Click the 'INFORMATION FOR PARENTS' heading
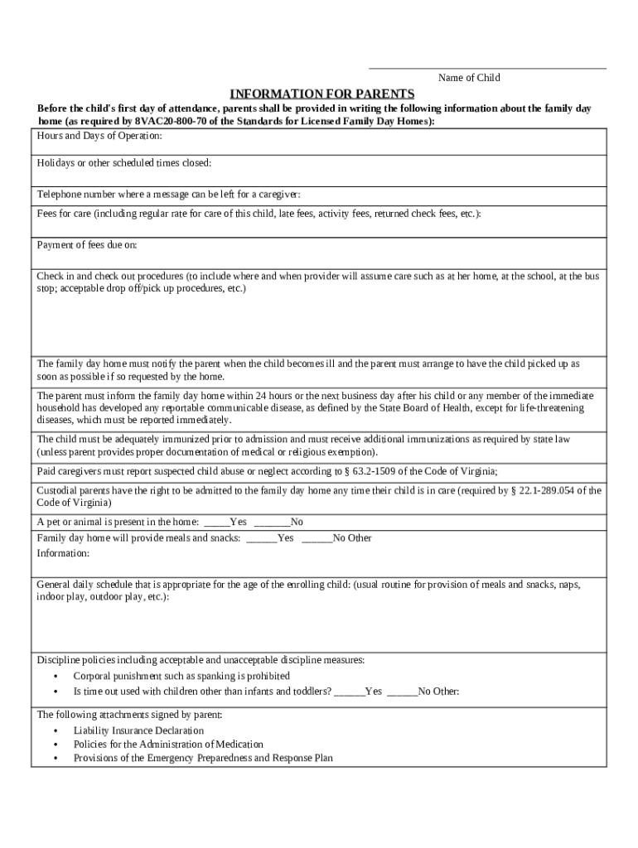click(321, 93)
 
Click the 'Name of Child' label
click(469, 78)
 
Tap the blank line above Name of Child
click(487, 68)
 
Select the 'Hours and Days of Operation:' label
click(99, 136)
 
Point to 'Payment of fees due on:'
click(87, 245)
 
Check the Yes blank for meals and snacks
click(261, 538)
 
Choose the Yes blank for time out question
click(348, 691)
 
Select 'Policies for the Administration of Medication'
click(168, 744)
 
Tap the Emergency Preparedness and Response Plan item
click(203, 758)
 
